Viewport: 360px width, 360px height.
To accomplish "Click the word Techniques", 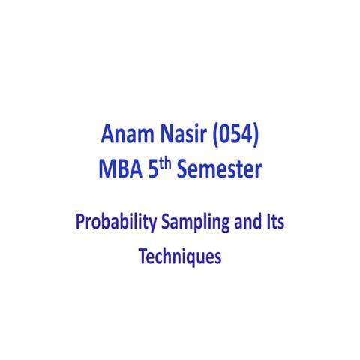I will pos(180,255).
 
